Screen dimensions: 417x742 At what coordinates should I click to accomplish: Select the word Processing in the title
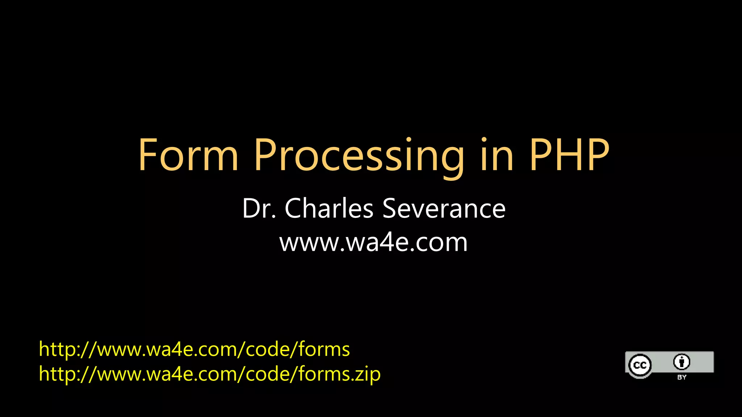point(359,156)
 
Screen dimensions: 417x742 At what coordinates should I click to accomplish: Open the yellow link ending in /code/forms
point(194,349)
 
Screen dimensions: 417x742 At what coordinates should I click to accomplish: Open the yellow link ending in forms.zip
point(209,374)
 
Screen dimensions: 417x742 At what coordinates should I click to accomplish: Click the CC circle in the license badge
point(640,365)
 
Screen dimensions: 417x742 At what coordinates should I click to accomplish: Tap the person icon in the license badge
point(681,362)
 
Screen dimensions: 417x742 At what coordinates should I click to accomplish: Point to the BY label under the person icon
point(681,377)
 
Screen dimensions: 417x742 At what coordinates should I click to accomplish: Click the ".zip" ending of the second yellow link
point(366,374)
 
